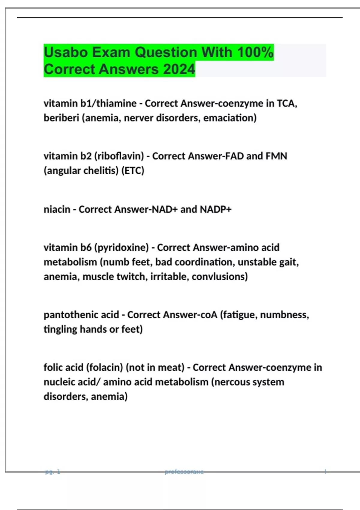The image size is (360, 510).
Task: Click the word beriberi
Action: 61,118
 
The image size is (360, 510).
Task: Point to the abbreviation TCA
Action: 286,103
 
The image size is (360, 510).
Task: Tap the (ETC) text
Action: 133,171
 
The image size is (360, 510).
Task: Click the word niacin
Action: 57,209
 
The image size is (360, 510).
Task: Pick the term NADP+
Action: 216,209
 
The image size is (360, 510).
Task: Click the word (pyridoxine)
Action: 121,248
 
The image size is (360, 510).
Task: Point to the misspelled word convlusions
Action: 220,277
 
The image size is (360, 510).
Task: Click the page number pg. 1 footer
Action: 52,472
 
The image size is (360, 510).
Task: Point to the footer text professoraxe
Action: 184,472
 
